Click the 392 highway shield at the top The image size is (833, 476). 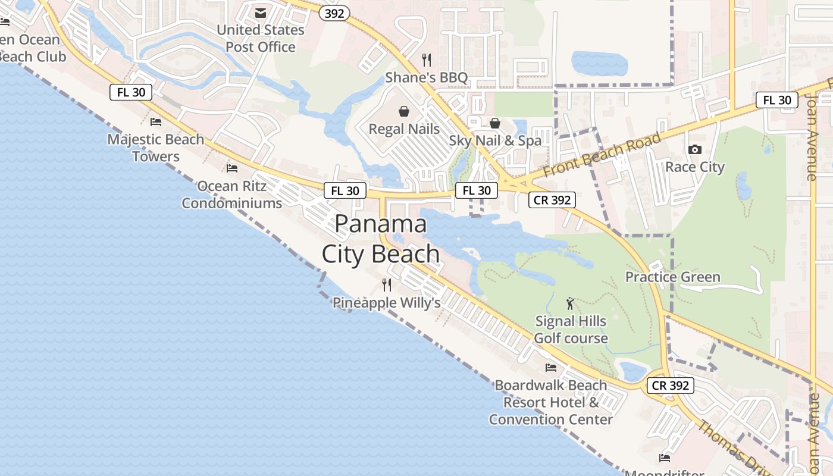335,13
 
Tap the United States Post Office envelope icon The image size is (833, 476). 261,12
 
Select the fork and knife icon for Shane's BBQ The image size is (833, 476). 426,59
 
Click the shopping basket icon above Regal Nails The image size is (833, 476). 404,111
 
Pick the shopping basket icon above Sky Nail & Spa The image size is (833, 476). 495,123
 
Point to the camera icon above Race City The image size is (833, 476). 694,149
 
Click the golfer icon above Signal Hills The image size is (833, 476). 570,303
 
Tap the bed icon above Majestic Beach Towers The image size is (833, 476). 156,122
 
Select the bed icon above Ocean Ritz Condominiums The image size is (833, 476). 232,168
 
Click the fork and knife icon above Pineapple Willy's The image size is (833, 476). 387,285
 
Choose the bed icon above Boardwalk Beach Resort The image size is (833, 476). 551,368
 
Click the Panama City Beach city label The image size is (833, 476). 380,239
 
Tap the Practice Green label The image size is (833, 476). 672,277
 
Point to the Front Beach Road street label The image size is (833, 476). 602,154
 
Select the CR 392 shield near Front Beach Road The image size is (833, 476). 553,200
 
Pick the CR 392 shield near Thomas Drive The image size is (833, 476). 671,386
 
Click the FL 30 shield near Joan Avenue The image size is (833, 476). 777,100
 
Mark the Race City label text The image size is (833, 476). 694,167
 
